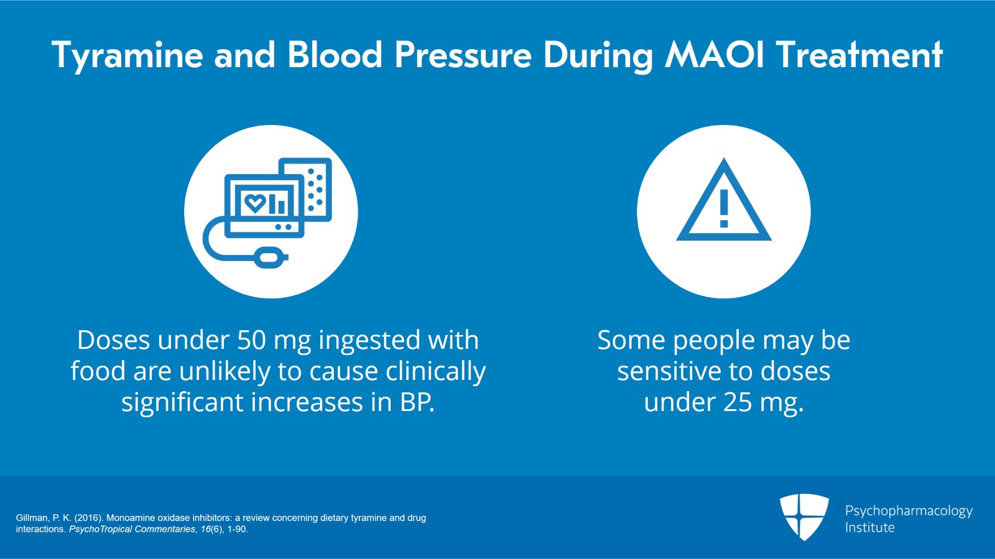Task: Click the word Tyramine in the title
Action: (x=127, y=55)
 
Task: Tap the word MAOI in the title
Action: (x=715, y=55)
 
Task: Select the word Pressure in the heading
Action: (x=463, y=55)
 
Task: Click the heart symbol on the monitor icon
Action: (x=254, y=203)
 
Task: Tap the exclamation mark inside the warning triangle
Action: (x=724, y=208)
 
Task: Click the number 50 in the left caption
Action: (x=251, y=340)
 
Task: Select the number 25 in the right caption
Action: (x=738, y=402)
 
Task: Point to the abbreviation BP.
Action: (x=416, y=402)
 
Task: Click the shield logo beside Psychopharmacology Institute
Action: (x=804, y=516)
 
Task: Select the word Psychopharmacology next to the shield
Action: (x=909, y=511)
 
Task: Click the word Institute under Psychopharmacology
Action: (x=869, y=527)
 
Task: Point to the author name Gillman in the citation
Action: (x=32, y=517)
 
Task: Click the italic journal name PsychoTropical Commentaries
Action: (x=132, y=529)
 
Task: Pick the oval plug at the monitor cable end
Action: (x=271, y=256)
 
